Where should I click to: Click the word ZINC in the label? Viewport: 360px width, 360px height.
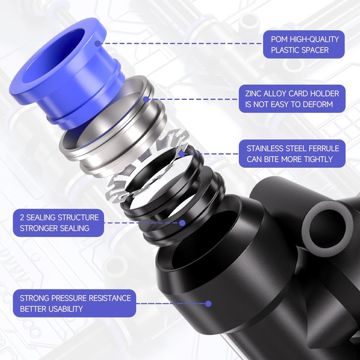click(x=255, y=94)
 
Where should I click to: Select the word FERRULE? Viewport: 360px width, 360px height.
click(x=320, y=148)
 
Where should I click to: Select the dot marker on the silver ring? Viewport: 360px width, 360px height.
click(x=145, y=99)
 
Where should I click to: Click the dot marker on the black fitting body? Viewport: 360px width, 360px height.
click(x=208, y=304)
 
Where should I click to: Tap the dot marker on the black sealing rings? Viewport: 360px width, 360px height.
click(x=182, y=223)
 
